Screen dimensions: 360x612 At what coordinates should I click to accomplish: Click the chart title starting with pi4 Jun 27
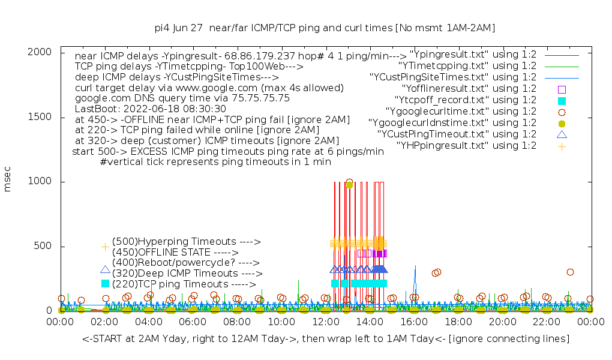click(x=325, y=28)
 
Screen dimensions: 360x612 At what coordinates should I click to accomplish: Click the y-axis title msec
click(x=8, y=181)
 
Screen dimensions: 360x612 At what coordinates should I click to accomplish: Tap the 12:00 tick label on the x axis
click(x=325, y=322)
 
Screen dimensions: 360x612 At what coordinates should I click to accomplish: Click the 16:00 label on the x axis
click(x=414, y=322)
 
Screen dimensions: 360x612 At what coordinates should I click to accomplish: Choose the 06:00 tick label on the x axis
click(x=193, y=322)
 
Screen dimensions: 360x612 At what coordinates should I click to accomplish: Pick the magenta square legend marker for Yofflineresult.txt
click(x=562, y=89)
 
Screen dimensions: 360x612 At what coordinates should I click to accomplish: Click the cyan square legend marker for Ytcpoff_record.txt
click(x=562, y=100)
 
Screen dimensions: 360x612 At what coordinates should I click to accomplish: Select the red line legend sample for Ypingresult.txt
click(x=562, y=55)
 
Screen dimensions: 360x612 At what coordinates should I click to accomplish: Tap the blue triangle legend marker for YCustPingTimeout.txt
click(x=562, y=134)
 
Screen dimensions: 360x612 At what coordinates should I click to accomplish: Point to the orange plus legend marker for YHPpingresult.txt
click(x=562, y=146)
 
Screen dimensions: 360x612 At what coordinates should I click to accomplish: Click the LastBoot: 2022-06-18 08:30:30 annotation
click(x=151, y=109)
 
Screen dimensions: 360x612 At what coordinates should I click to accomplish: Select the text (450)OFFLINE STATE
click(x=175, y=252)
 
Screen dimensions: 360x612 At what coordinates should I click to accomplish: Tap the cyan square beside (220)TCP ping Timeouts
click(x=106, y=283)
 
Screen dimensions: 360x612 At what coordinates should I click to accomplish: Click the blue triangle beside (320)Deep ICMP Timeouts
click(x=106, y=270)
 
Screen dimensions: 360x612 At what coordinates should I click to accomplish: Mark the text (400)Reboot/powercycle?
click(x=185, y=262)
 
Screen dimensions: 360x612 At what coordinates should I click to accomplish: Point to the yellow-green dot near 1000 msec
click(x=349, y=185)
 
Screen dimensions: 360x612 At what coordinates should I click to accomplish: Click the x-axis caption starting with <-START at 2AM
click(x=326, y=339)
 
